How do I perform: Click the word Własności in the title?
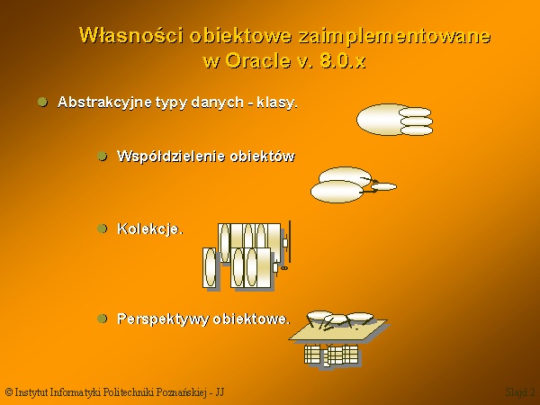(131, 35)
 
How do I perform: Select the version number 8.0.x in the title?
(343, 61)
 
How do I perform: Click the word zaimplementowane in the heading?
(394, 36)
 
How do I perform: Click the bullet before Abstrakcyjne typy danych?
(42, 102)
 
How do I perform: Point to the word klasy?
(277, 103)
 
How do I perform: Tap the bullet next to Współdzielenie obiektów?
(103, 156)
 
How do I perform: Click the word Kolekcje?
(150, 229)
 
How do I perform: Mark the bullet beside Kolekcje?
(103, 229)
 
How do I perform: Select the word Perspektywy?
(163, 319)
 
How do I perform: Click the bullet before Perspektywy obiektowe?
(103, 319)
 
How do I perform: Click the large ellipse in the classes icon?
(381, 120)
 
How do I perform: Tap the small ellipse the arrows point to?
(383, 186)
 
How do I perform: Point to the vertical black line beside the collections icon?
(290, 242)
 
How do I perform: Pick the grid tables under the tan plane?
(332, 355)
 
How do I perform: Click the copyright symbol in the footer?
(9, 391)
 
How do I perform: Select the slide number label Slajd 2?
(520, 392)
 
